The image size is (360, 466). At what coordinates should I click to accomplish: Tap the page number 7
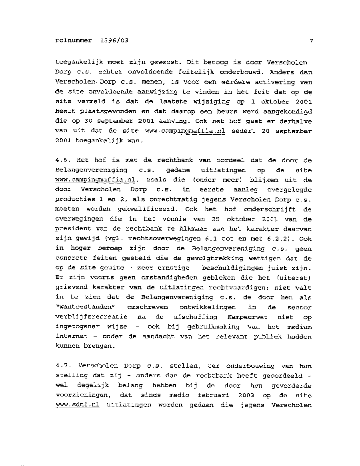311,40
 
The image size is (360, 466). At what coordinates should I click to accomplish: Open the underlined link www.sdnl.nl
78,405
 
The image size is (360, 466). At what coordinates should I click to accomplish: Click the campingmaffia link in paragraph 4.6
96,180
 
